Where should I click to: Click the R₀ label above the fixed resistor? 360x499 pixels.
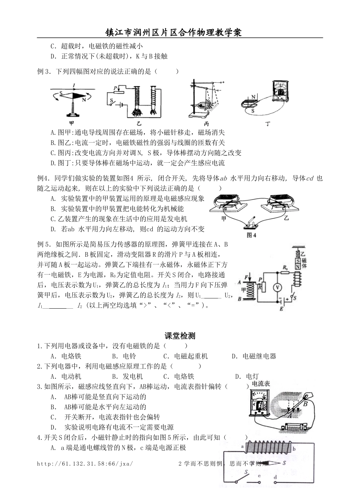point(285,268)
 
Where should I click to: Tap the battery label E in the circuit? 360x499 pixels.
point(281,309)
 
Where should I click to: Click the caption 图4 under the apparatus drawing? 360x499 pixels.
point(252,235)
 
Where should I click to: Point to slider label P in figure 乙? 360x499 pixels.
point(114,88)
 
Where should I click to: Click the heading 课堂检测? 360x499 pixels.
point(180,336)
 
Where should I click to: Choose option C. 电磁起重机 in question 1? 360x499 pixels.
point(185,356)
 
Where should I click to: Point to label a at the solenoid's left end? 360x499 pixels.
point(242,447)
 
